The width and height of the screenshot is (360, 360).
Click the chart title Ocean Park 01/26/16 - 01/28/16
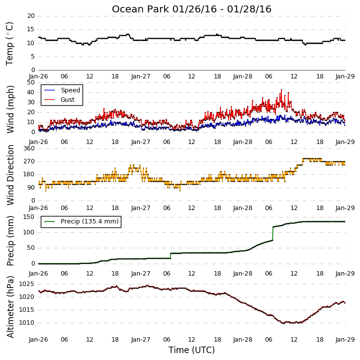coord(191,9)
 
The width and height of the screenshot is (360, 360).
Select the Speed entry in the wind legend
coord(62,90)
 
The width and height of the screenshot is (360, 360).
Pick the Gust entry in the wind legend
coord(60,100)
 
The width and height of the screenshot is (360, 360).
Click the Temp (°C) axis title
coord(9,44)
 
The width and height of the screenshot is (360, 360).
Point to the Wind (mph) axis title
coord(10,109)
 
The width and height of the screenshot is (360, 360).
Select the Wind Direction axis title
coord(10,175)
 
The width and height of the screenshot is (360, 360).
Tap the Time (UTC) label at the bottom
coord(191,350)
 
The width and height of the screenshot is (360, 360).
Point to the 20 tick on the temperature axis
coord(31,16)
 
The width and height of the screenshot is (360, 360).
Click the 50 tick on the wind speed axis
coord(31,82)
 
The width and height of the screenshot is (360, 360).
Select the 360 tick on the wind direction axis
coord(29,148)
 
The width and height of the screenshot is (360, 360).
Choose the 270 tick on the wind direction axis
coord(29,161)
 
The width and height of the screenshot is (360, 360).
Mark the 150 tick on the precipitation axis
coord(29,217)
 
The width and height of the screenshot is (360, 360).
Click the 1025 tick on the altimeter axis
coord(27,284)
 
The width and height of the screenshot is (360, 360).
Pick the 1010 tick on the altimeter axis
coord(27,323)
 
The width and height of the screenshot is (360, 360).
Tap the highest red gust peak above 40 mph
coord(281,90)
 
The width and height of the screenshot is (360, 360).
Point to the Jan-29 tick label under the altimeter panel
coord(345,340)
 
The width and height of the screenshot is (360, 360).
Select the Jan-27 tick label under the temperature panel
coord(141,76)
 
